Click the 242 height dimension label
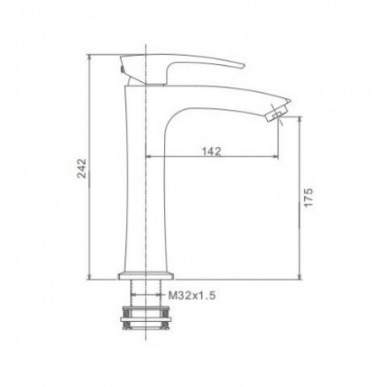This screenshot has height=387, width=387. pos(82,168)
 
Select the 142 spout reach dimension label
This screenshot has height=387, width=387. pos(212,151)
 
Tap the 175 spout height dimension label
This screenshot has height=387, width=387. pos(308,197)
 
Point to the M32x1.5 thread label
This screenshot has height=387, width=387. pos(192,296)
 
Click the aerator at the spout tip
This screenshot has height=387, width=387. pos(277,113)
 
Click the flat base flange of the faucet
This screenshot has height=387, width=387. pos(146,275)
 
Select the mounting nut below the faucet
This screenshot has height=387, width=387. pos(146,318)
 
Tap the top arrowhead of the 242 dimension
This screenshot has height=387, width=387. pos(90,57)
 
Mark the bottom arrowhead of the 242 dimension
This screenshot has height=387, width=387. pos(90,277)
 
